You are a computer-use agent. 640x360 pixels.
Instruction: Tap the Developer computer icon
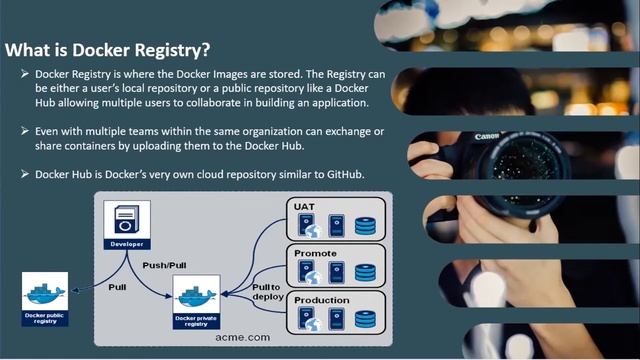pos(126,218)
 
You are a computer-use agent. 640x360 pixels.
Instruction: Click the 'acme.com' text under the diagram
pos(242,338)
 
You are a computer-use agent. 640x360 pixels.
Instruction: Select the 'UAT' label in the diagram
pos(304,207)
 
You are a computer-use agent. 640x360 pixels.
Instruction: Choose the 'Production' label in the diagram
pos(321,300)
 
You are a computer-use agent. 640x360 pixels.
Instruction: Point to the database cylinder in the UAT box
pos(365,225)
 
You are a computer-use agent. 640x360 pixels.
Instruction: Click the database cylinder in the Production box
pos(365,319)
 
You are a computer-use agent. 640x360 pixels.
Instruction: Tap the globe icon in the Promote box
pos(312,277)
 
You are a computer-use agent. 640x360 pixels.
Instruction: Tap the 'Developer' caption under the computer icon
pos(126,244)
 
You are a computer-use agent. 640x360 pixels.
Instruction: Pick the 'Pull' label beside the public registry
pos(117,287)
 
